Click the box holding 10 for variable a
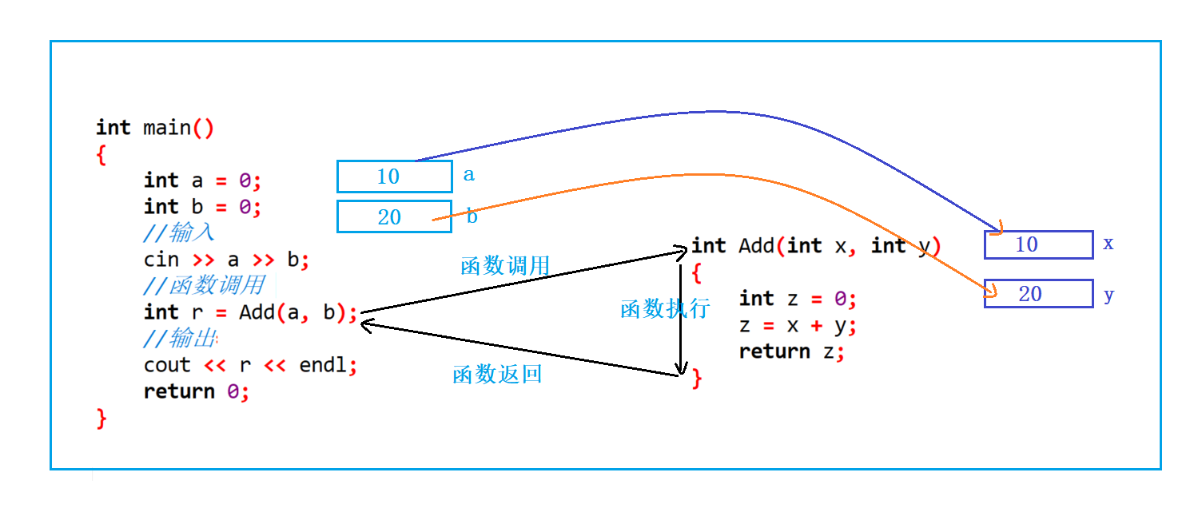point(395,177)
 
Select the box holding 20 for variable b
point(394,216)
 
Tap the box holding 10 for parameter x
point(1038,244)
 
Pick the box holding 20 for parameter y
point(1038,294)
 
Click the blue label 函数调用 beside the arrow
point(505,266)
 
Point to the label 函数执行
point(665,309)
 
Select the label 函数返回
point(497,374)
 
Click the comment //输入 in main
point(179,232)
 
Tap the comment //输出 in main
point(180,338)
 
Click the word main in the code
point(167,128)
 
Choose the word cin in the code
point(161,260)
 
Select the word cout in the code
point(167,365)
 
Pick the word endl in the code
point(323,365)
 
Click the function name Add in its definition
point(756,246)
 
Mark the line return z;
point(791,351)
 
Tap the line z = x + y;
point(798,326)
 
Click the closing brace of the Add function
point(697,378)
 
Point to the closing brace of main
point(101,418)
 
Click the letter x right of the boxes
point(1108,244)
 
